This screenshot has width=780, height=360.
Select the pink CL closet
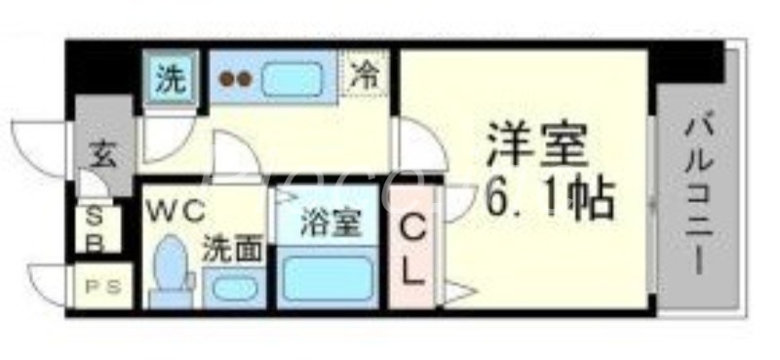point(412,250)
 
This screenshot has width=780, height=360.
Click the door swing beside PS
point(51,283)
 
